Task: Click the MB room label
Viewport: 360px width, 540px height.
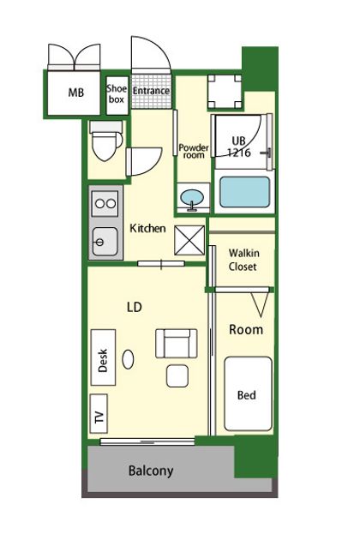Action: click(75, 93)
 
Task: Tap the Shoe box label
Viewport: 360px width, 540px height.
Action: click(117, 93)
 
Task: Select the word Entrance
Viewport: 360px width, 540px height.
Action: click(151, 91)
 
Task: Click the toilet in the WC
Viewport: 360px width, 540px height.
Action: click(106, 141)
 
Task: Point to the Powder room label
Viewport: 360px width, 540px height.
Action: click(194, 151)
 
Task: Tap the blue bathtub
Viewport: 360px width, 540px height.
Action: click(244, 192)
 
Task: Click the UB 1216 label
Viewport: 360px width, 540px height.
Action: click(239, 147)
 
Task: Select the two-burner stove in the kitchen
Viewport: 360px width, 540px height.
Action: click(105, 203)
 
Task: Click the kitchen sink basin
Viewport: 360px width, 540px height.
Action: click(105, 242)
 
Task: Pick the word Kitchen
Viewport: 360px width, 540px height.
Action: click(147, 228)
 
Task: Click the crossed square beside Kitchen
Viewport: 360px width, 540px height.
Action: click(189, 240)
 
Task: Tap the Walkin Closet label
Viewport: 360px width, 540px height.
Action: click(243, 260)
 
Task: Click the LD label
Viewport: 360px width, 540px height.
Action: click(135, 307)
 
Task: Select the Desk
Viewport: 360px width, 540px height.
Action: click(103, 357)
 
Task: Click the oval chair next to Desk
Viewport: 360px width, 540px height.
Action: click(128, 359)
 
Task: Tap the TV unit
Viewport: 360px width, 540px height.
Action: click(99, 414)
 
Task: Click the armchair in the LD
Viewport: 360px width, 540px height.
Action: click(177, 344)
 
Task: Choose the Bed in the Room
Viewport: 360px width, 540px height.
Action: click(248, 393)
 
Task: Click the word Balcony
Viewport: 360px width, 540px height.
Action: click(151, 471)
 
